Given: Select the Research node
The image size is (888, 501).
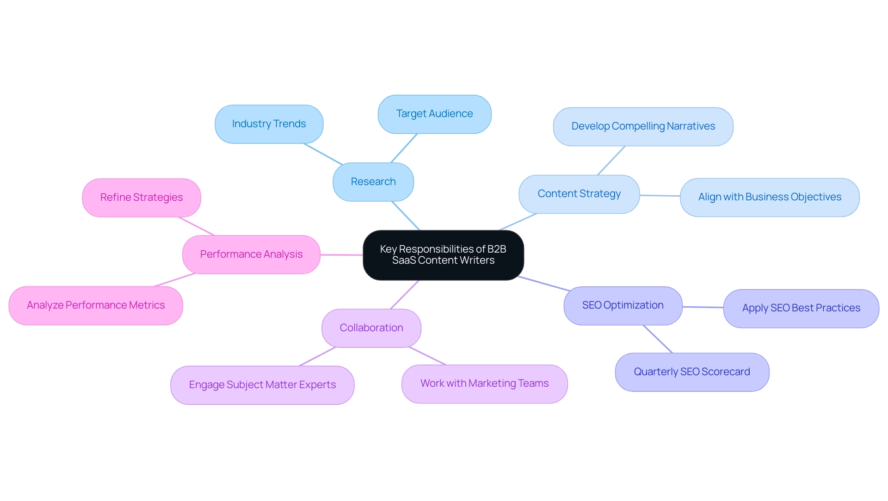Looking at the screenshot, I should tap(373, 182).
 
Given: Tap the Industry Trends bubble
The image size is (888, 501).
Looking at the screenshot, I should tap(269, 124).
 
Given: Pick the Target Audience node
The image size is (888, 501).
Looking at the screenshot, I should tap(434, 114).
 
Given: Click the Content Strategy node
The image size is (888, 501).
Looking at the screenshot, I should tap(579, 194).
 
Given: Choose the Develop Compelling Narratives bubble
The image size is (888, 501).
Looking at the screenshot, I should tap(643, 126).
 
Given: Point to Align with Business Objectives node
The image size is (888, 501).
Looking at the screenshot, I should tap(770, 197).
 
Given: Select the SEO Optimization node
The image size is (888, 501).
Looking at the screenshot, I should tap(623, 305).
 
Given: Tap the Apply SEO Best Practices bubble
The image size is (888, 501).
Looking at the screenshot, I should tap(801, 308).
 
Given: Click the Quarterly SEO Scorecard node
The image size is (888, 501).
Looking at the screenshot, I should tap(692, 372).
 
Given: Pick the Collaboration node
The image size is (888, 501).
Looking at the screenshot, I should tap(371, 328).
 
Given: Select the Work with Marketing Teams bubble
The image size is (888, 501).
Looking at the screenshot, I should tap(484, 383).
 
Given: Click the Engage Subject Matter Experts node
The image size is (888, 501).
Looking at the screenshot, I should tap(262, 385).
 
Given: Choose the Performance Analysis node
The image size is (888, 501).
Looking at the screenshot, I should tap(251, 254).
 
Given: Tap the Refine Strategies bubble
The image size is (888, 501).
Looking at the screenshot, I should tap(142, 198).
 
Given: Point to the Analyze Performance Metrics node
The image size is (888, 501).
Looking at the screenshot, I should tap(96, 305).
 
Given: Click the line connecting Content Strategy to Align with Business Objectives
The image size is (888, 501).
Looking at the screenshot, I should tap(660, 196).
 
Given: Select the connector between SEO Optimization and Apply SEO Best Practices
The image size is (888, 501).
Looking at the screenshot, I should tap(703, 307).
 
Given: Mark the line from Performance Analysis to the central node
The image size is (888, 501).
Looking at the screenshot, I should tap(342, 255).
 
